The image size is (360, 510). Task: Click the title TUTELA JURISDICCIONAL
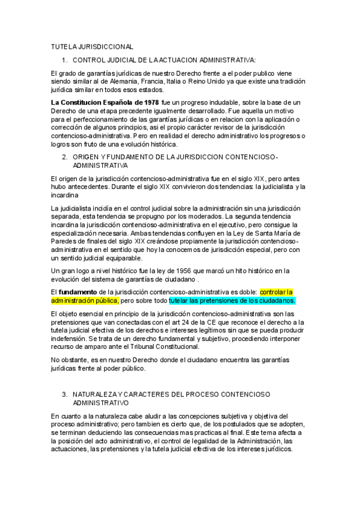click(93, 47)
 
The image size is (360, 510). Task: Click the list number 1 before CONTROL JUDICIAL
click(64, 60)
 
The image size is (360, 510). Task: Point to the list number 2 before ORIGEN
click(64, 157)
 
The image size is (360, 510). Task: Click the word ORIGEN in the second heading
click(89, 157)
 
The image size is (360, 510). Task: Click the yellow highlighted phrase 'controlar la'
click(276, 292)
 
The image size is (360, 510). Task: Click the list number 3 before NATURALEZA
click(64, 394)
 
